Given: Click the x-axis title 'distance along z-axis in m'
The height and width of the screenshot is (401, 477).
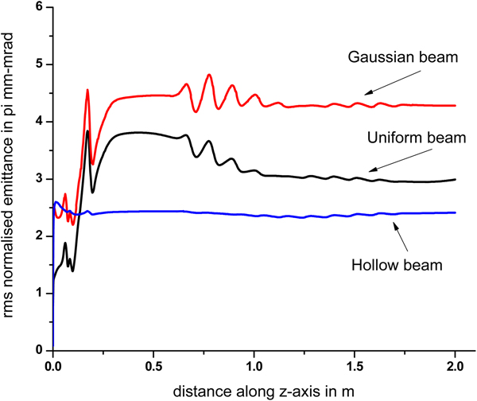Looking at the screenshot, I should coord(254,389).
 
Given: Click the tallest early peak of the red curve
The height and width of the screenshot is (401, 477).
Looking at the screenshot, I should coord(87,90).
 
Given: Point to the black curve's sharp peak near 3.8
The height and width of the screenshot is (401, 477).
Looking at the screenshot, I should coord(87,131).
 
